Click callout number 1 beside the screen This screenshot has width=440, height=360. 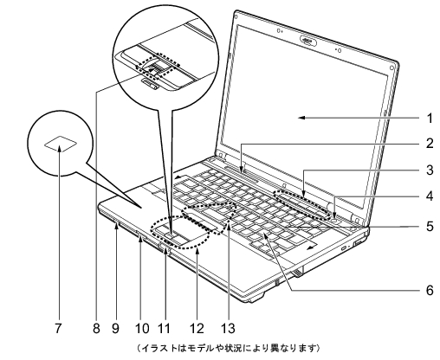[x=430, y=119]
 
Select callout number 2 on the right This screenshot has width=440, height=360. [x=430, y=144]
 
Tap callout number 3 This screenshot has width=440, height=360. [x=430, y=170]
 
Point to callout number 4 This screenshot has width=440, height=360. [x=430, y=196]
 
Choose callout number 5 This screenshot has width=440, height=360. [x=430, y=226]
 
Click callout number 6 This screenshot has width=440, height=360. [x=430, y=290]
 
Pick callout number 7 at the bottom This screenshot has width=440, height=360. [x=58, y=328]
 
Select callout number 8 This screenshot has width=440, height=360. [x=96, y=328]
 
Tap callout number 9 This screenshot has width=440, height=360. [x=115, y=328]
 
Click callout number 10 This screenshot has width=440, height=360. [x=142, y=328]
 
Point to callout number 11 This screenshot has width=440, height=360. [x=164, y=328]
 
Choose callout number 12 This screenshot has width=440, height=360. [x=197, y=328]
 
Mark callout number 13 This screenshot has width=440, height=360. [x=228, y=328]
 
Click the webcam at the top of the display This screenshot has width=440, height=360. [x=308, y=41]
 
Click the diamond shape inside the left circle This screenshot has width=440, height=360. [x=61, y=144]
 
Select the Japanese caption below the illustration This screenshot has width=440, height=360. [x=228, y=348]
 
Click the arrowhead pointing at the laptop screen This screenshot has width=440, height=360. [x=301, y=118]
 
